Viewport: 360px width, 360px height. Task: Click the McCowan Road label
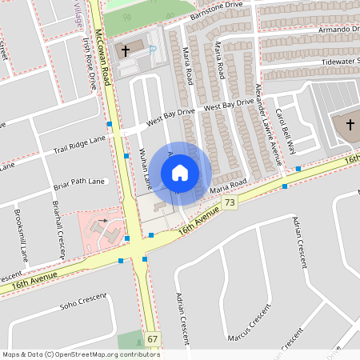pyautogui.click(x=101, y=60)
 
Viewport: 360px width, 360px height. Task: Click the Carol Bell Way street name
pyautogui.click(x=285, y=130)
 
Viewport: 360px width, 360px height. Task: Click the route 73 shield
pyautogui.click(x=230, y=204)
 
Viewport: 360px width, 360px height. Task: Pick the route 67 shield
pyautogui.click(x=153, y=340)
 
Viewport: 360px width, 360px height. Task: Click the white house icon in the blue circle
pyautogui.click(x=180, y=173)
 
